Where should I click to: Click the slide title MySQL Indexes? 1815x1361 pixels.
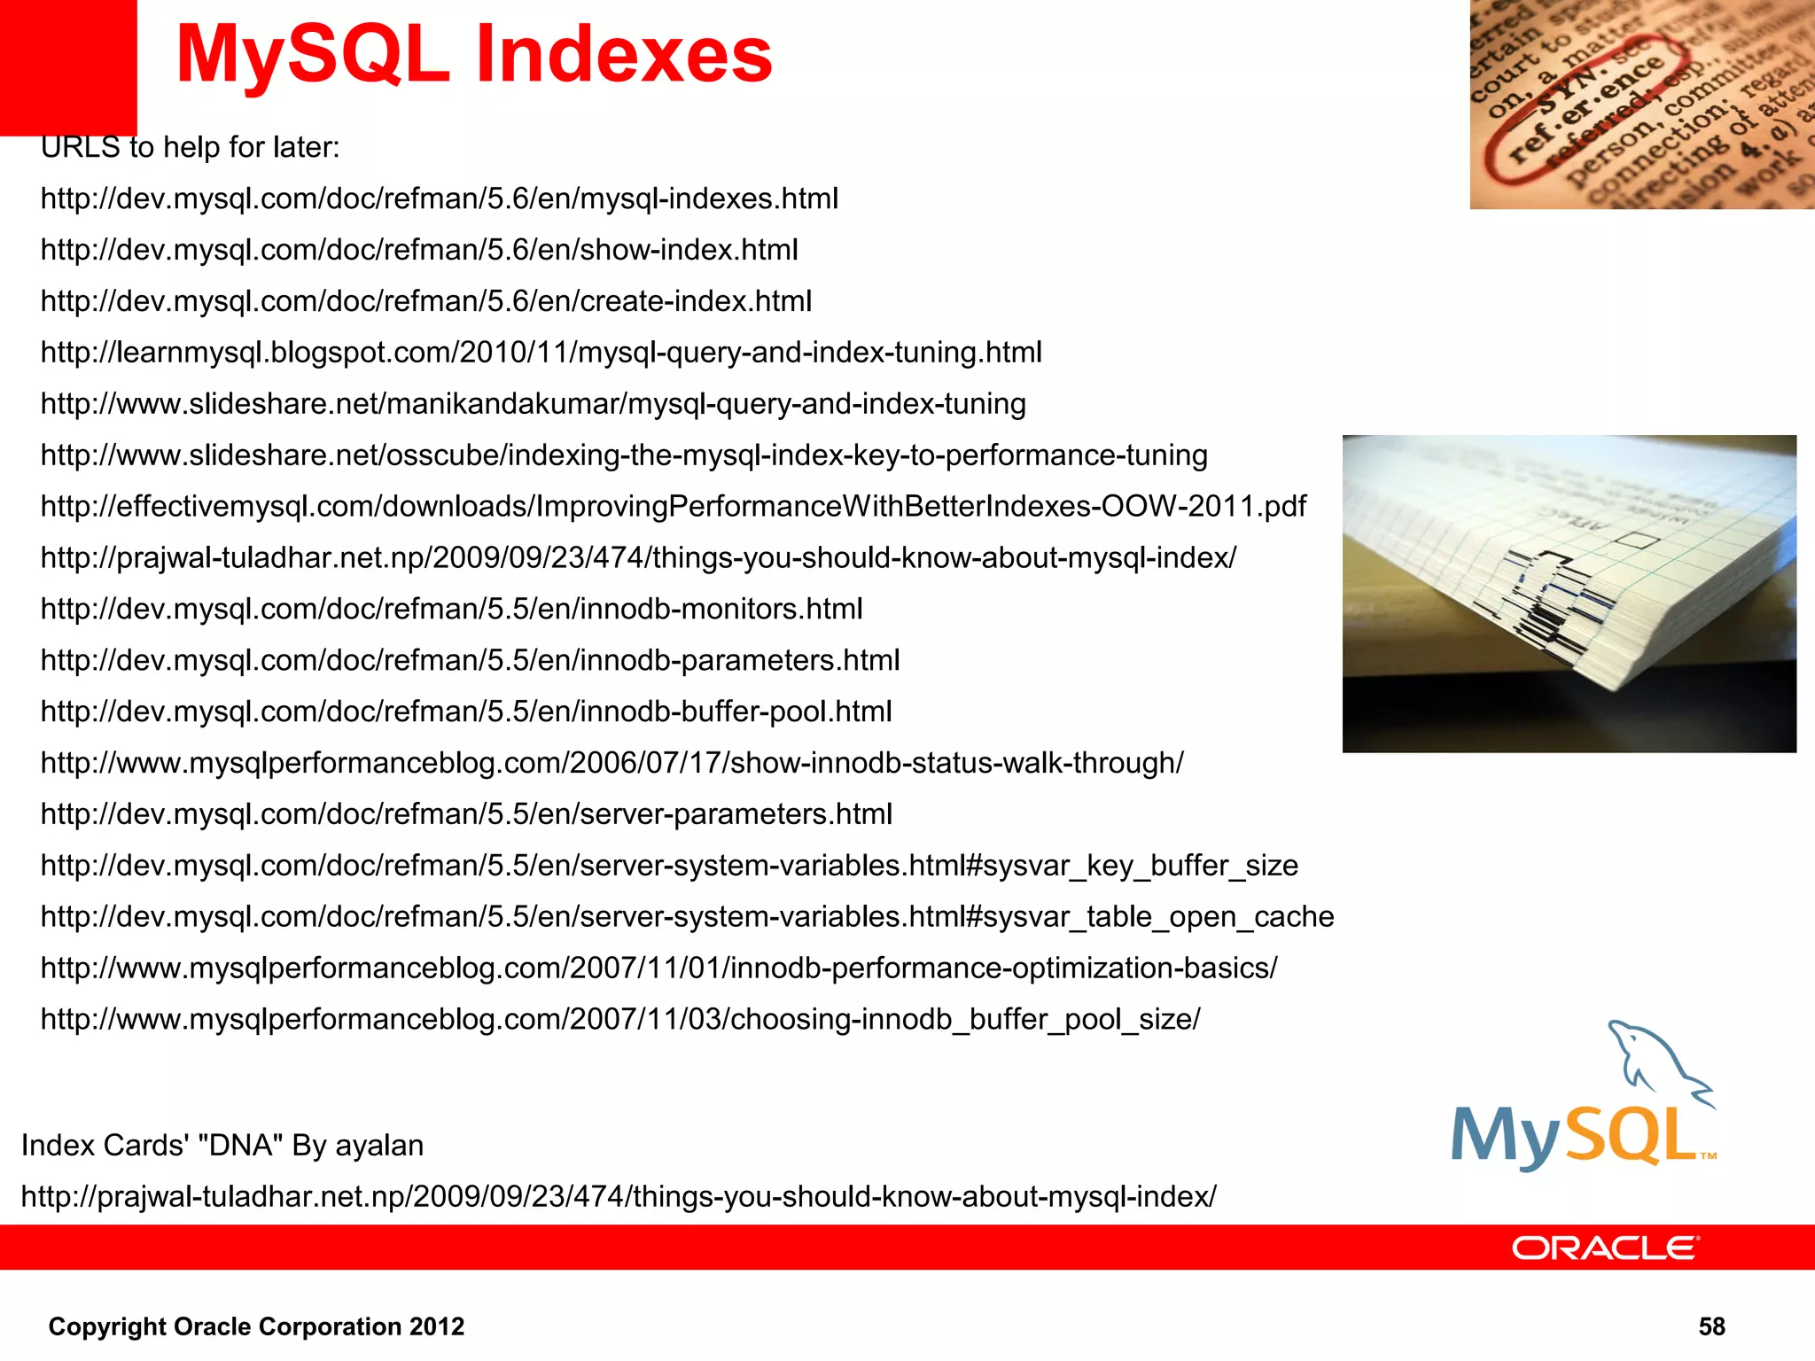coord(474,55)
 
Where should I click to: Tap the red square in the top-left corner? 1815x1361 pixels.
coord(67,66)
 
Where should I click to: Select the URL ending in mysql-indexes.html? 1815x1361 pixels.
coord(439,198)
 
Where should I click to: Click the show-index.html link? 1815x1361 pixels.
coord(419,250)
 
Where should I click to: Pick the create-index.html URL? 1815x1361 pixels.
coord(425,301)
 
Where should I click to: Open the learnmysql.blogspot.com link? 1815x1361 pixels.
coord(541,353)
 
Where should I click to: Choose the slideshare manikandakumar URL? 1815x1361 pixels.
coord(533,404)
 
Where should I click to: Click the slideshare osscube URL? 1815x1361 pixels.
coord(624,455)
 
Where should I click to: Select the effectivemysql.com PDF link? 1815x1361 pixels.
coord(673,507)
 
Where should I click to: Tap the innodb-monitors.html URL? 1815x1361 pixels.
coord(451,610)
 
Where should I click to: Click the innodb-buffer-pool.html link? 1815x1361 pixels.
coord(466,712)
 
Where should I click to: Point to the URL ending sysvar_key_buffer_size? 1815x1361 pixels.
coord(669,866)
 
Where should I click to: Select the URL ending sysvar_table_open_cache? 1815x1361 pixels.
coord(687,917)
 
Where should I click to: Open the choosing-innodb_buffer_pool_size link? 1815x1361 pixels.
coord(620,1020)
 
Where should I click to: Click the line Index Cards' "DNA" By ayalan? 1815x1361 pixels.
coord(222,1146)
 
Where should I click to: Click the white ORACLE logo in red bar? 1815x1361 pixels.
coord(1605,1248)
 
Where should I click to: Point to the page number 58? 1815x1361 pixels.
coord(1711,1326)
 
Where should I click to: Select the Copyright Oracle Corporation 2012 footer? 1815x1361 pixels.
coord(256,1326)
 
